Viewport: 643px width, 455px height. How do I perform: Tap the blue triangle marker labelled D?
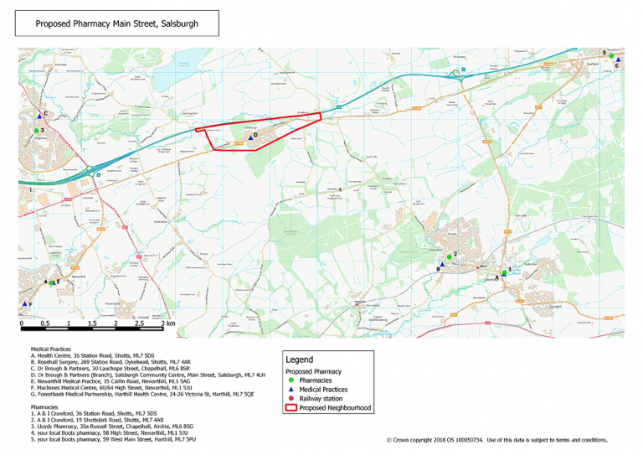(x=249, y=138)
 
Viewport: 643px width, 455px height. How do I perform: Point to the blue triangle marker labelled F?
(x=24, y=303)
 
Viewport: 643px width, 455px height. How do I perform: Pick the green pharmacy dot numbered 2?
(x=449, y=256)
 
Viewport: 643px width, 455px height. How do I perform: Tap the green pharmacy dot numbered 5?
(x=611, y=55)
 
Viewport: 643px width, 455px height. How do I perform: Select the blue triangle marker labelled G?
(x=617, y=60)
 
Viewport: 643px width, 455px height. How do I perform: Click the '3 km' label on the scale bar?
(x=170, y=323)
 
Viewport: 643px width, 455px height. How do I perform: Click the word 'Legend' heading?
(x=299, y=359)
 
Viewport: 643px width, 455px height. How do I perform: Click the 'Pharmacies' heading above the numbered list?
(x=44, y=407)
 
